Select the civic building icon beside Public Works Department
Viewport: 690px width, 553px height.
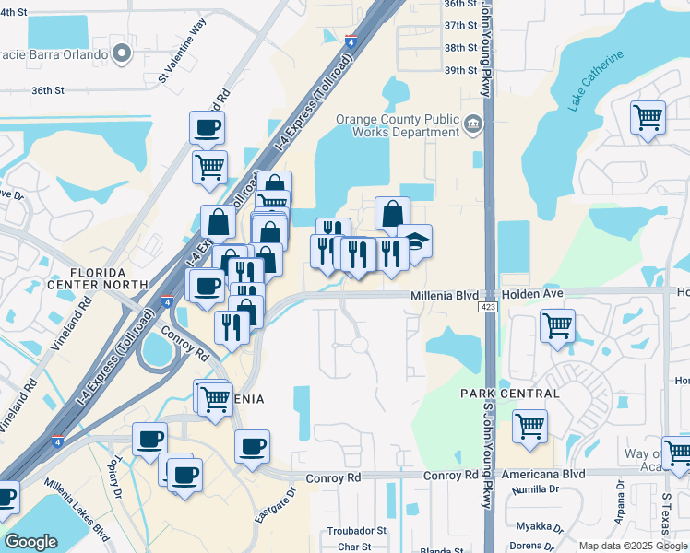click(x=473, y=124)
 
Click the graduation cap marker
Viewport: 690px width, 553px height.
click(x=415, y=241)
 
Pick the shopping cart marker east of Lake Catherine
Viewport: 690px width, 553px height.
click(x=648, y=118)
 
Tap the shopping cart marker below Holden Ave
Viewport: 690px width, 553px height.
click(x=557, y=325)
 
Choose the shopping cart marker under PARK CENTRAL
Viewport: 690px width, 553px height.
click(x=529, y=427)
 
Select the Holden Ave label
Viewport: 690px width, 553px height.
click(x=531, y=293)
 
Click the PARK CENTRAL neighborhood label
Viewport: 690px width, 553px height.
click(x=510, y=394)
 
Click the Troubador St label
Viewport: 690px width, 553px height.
click(x=356, y=532)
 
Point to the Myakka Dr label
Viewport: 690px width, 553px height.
click(x=541, y=527)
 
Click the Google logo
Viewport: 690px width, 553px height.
click(x=30, y=542)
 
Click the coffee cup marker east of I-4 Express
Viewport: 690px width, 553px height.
click(x=252, y=446)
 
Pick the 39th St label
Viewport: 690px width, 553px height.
click(x=459, y=70)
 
